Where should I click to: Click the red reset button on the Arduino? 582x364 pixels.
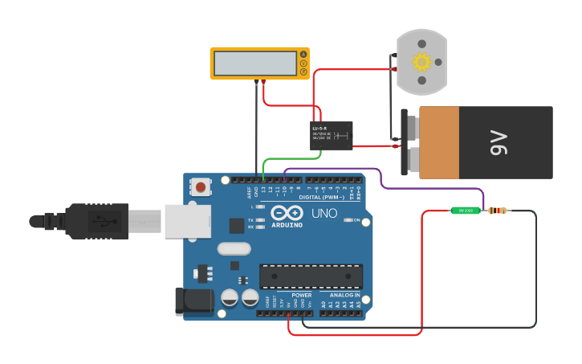pos(200,188)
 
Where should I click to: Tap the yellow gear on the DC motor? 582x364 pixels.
pos(421,62)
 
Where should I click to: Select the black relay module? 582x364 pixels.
pos(332,136)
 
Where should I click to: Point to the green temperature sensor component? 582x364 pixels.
pos(465,211)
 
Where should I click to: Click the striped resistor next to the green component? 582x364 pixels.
pos(498,211)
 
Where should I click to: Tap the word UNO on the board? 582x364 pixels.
pos(324,214)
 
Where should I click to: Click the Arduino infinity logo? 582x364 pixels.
pos(287,213)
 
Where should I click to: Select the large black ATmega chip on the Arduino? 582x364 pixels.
pos(311,276)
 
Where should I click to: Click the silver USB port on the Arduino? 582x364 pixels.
pos(187,221)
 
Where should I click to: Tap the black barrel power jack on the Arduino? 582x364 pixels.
pos(192,301)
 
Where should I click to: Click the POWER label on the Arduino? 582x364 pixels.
pos(301,295)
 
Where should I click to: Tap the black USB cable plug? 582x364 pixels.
pos(96,221)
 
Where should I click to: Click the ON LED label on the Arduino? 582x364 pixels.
pos(356,219)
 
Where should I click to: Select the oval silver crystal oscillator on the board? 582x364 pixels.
pos(234,250)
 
